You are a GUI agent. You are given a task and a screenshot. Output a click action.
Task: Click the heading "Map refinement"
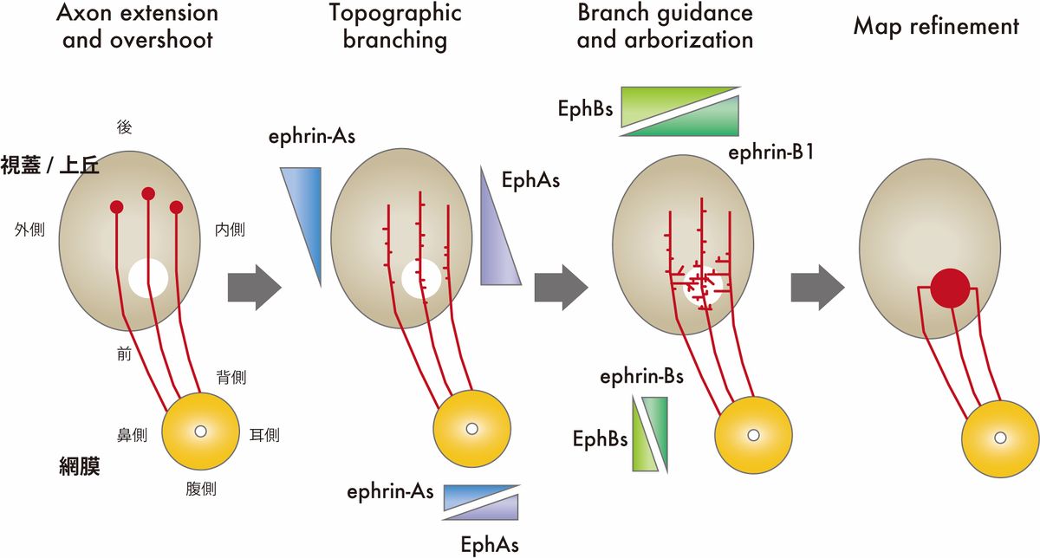tap(936, 26)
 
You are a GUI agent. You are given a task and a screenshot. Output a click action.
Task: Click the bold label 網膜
tap(74, 469)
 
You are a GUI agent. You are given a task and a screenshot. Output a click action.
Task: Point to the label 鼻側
tap(133, 434)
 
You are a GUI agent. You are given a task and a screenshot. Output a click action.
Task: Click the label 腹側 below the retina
tap(200, 489)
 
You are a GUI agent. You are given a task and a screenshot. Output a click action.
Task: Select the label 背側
tap(231, 378)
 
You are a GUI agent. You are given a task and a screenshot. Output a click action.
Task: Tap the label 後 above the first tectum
tap(123, 127)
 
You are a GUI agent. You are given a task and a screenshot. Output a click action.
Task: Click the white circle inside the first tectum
tap(148, 278)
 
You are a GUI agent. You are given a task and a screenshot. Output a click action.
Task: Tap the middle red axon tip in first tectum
tap(148, 193)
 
